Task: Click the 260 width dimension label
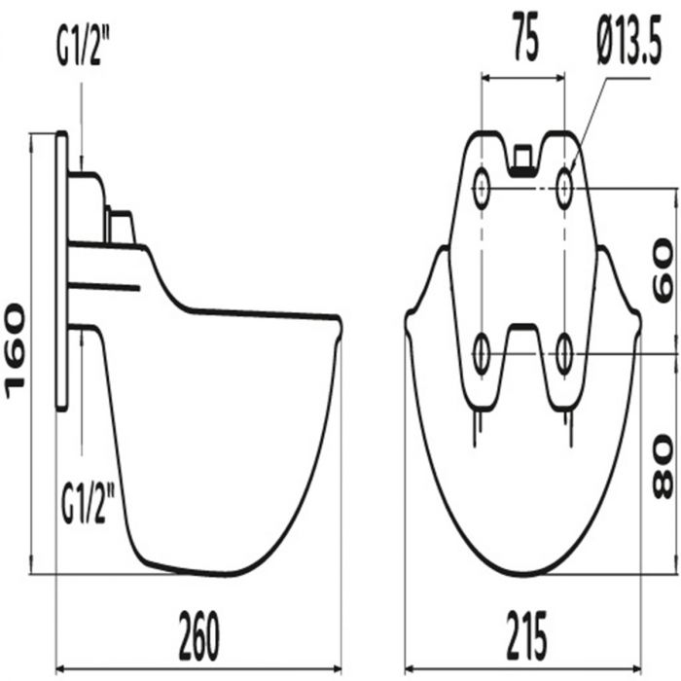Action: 199,635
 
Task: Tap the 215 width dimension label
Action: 526,635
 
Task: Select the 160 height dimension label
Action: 16,351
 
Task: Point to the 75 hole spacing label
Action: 526,37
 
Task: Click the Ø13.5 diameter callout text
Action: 629,40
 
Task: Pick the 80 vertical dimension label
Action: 663,468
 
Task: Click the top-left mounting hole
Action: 482,188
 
